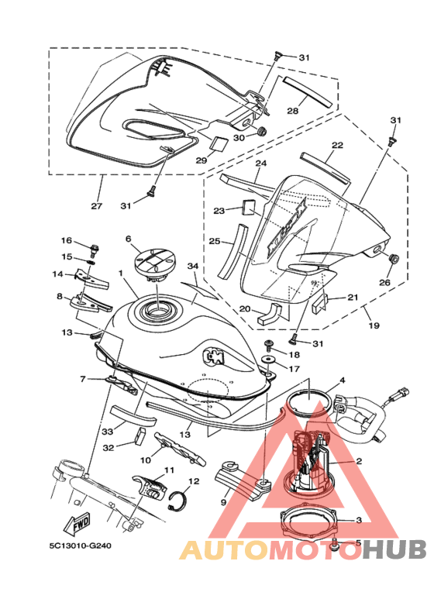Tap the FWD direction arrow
(78, 523)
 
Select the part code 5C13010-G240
(81, 546)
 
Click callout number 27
(97, 206)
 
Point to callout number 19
(374, 325)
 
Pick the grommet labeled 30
(262, 131)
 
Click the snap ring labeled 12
(177, 500)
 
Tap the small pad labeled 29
(219, 142)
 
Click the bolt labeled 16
(94, 250)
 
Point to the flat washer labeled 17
(269, 360)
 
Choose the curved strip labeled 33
(133, 415)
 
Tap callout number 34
(193, 266)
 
